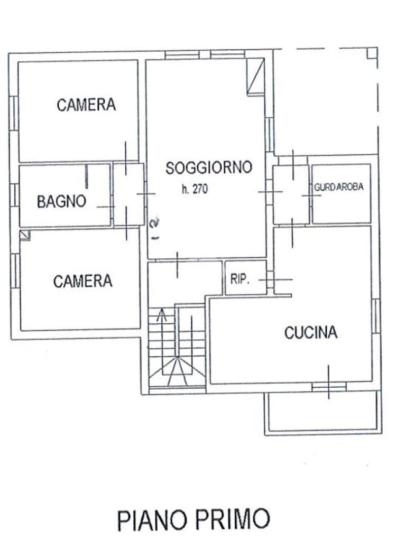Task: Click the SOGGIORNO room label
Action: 208,168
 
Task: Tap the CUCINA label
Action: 311,333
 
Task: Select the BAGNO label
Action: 61,202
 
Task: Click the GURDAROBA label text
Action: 339,187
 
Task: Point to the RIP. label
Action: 240,279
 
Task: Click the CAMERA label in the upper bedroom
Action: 86,105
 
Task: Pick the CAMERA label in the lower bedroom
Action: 83,281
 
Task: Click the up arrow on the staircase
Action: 162,316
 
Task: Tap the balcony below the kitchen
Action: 322,412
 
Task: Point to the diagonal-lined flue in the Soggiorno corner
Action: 256,77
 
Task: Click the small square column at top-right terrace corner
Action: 372,53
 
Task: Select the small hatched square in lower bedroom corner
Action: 25,236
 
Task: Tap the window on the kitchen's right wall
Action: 376,315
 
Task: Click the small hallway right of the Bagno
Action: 128,194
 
